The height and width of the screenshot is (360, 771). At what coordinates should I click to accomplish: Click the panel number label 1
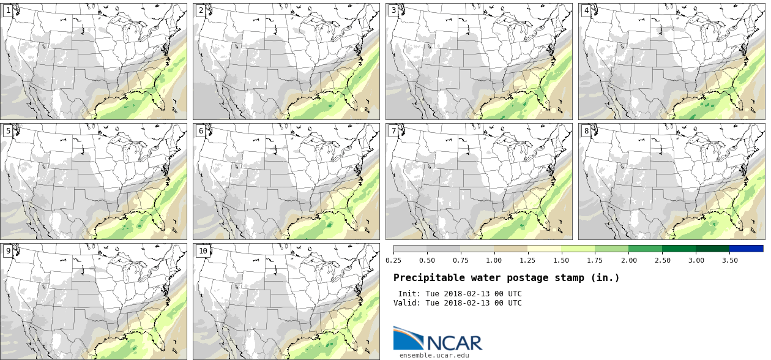coord(8,10)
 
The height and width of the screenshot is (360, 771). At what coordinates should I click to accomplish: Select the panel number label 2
coord(201,10)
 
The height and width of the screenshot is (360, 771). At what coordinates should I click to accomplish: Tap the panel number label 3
coord(393,10)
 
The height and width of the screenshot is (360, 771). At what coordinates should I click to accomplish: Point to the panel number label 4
coord(586,10)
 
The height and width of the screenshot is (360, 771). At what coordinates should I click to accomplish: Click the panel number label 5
coord(8,130)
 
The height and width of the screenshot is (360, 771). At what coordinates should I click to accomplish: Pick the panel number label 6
coord(201,130)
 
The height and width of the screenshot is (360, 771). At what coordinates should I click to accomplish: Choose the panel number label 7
coord(393,130)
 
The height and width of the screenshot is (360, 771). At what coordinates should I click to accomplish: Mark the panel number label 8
coord(586,130)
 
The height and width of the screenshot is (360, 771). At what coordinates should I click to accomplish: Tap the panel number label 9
coord(8,250)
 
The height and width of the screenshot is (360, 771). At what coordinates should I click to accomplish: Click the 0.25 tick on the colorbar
coord(393,260)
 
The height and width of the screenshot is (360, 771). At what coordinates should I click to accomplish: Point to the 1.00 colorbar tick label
coord(494,260)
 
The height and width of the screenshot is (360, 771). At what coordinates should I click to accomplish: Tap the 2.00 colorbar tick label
coord(628,260)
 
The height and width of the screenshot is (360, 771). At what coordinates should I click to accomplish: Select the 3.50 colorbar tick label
coord(729,260)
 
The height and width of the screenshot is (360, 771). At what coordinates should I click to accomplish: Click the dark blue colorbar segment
coord(746,249)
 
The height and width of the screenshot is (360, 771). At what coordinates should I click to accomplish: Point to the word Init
coord(408,294)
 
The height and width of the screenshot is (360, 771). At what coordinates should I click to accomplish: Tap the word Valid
coord(406,303)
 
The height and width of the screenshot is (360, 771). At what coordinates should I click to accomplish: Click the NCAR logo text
coord(453,342)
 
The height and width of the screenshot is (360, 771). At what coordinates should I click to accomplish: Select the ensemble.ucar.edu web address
coord(434,354)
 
